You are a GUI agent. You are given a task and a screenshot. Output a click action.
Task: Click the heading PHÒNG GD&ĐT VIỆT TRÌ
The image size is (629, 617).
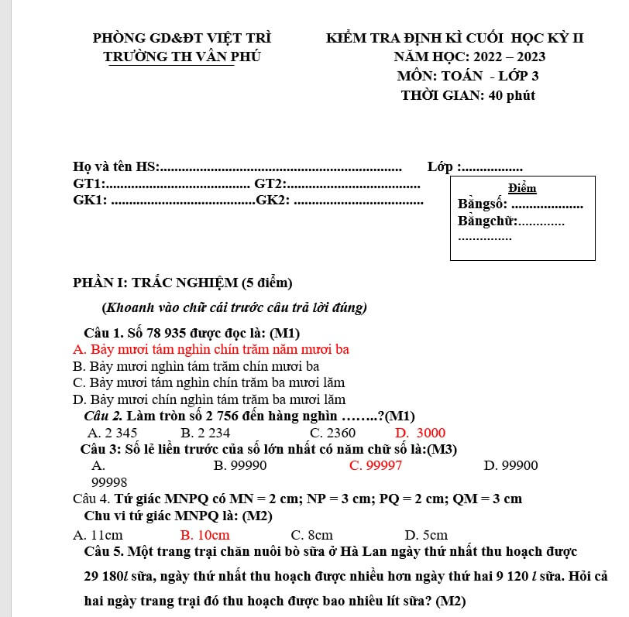tap(182, 37)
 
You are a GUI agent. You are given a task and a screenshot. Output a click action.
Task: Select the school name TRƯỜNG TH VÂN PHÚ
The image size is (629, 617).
tap(182, 57)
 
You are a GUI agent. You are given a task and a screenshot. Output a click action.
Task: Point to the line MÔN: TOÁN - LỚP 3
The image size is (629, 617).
tap(467, 76)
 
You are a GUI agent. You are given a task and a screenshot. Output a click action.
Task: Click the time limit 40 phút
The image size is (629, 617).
tap(511, 95)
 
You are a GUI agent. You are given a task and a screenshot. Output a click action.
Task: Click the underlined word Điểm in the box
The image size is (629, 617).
tap(522, 188)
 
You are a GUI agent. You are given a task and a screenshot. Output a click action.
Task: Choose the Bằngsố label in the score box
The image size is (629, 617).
tap(483, 205)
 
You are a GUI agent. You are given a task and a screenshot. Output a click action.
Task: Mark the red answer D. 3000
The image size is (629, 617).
tap(421, 433)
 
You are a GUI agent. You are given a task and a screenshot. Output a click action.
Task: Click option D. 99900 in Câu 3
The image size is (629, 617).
tap(510, 465)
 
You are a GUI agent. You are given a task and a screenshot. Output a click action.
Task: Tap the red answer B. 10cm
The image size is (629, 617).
tap(205, 535)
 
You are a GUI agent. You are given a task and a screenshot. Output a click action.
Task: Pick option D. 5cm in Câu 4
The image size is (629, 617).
tap(426, 535)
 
